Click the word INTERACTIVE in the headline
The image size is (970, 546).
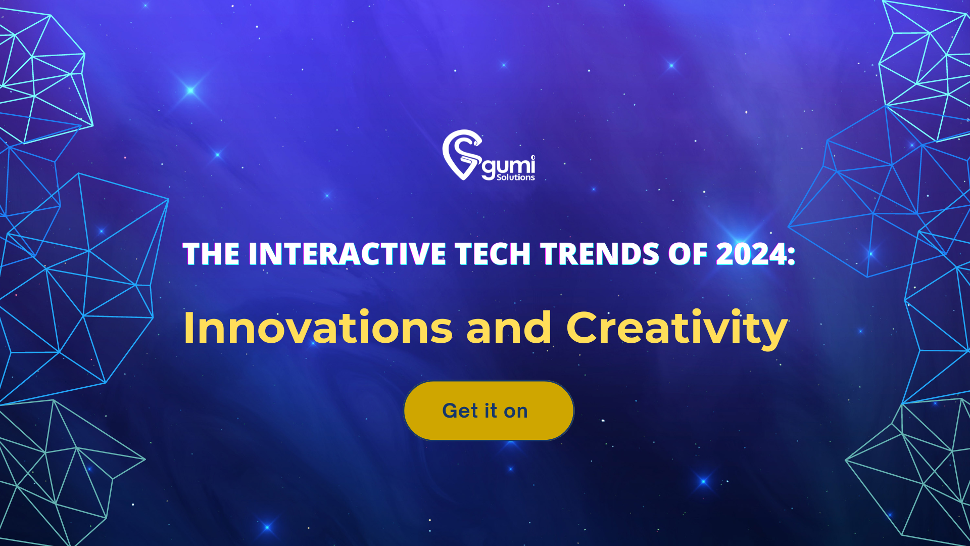pyautogui.click(x=348, y=254)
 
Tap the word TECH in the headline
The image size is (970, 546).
pyautogui.click(x=493, y=254)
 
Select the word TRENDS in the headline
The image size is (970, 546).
pyautogui.click(x=600, y=254)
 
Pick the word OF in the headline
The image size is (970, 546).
pyautogui.click(x=688, y=254)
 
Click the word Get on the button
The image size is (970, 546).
pyautogui.click(x=460, y=411)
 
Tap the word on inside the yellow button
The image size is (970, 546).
pyautogui.click(x=515, y=412)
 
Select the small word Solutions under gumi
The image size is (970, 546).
pyautogui.click(x=515, y=177)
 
